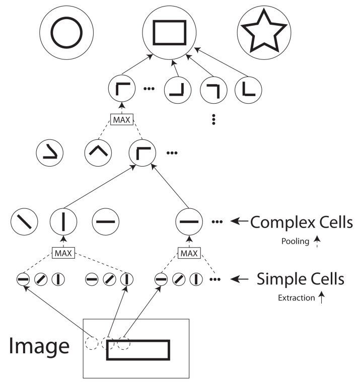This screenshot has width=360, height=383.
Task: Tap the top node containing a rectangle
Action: click(x=169, y=33)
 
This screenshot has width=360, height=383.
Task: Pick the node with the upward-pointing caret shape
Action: click(x=97, y=150)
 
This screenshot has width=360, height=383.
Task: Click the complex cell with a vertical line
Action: click(x=63, y=221)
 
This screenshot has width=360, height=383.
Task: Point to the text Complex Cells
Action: click(x=301, y=222)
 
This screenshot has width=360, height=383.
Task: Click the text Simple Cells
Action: click(x=300, y=278)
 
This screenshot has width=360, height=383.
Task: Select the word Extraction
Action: click(x=296, y=298)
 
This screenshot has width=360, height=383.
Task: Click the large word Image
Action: click(x=39, y=346)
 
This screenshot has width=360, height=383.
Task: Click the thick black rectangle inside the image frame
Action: click(x=138, y=350)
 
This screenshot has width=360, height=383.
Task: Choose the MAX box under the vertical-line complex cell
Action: click(x=63, y=253)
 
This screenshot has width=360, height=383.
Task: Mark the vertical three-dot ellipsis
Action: click(x=213, y=119)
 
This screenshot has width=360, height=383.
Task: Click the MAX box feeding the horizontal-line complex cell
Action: click(x=189, y=253)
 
